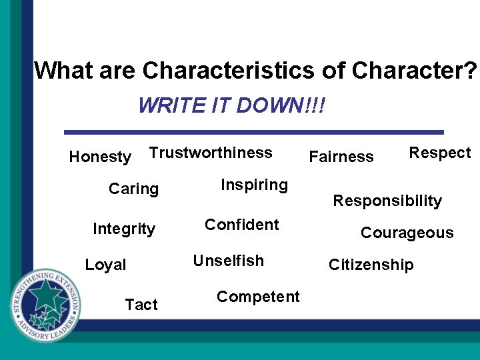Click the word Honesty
pos(100,157)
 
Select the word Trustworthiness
pos(211,153)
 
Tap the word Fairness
pos(341,157)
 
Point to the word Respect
pos(439,153)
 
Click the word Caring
pos(133,189)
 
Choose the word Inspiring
pos(254,185)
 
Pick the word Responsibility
pos(387,201)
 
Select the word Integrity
pos(124,229)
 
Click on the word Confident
pos(241,225)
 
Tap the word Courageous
pos(407,233)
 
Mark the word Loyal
pos(105,265)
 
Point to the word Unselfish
pos(228,261)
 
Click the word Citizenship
pos(371,265)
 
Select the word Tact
pos(141,305)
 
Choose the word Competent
pos(258,297)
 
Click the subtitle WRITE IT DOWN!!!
pos(231,105)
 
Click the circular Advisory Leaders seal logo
pos(46,305)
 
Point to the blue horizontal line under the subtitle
pos(253,132)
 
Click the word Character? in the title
pos(414,70)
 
